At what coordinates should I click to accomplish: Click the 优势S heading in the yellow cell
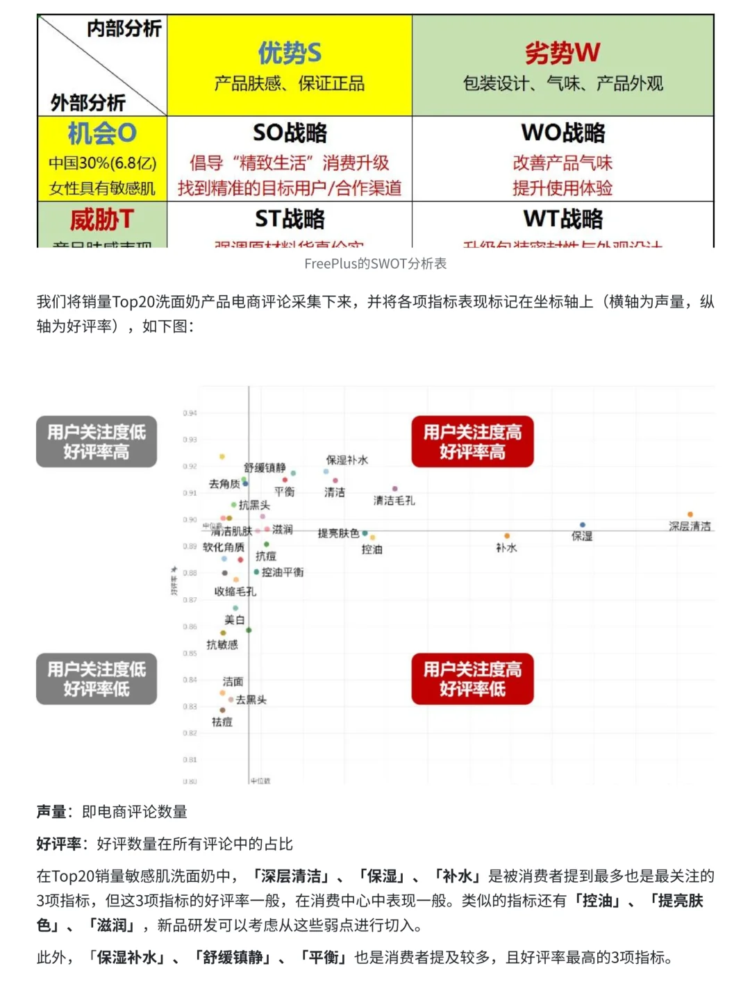(x=290, y=53)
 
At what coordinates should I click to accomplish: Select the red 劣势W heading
(x=562, y=53)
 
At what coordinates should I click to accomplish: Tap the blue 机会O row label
(x=102, y=133)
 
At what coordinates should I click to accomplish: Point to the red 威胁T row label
(x=102, y=220)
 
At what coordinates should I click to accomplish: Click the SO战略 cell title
(x=290, y=133)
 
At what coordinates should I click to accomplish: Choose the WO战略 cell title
(x=562, y=133)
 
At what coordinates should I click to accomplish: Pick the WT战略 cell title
(x=562, y=219)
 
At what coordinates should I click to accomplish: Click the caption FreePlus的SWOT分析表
(x=375, y=264)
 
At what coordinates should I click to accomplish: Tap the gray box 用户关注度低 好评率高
(x=97, y=442)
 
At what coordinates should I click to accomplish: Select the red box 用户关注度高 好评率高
(x=472, y=442)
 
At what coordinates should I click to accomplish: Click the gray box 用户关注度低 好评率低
(x=97, y=679)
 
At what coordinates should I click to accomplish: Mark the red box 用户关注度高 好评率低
(x=472, y=679)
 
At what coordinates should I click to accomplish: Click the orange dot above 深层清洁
(x=690, y=515)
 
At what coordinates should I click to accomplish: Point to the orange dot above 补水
(x=507, y=536)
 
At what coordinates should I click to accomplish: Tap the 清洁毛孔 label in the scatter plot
(x=394, y=501)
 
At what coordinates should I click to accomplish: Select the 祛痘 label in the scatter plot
(x=222, y=722)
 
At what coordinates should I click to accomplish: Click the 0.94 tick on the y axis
(x=190, y=413)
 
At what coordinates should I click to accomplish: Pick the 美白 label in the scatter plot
(x=235, y=619)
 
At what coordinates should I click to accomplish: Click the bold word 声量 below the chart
(x=51, y=812)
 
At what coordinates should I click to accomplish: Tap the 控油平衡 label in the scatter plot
(x=283, y=572)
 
